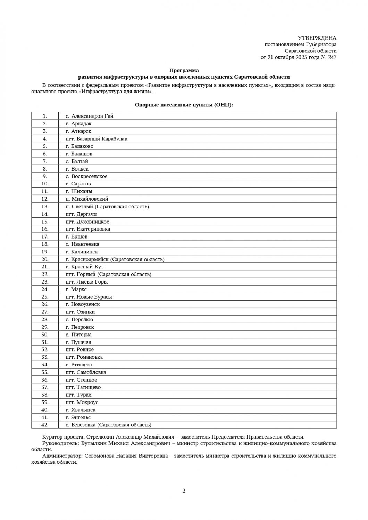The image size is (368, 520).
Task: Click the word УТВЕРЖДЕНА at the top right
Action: pyautogui.click(x=317, y=38)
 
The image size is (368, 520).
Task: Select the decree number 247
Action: pyautogui.click(x=332, y=58)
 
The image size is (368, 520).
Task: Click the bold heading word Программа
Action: pyautogui.click(x=184, y=70)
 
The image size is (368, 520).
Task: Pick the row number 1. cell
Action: pyautogui.click(x=45, y=116)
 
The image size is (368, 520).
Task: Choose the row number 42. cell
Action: pyautogui.click(x=45, y=425)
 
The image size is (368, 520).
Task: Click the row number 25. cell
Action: pyautogui.click(x=45, y=297)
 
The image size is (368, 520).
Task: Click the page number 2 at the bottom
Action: pyautogui.click(x=184, y=491)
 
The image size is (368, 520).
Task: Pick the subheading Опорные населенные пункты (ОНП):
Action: pyautogui.click(x=184, y=105)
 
